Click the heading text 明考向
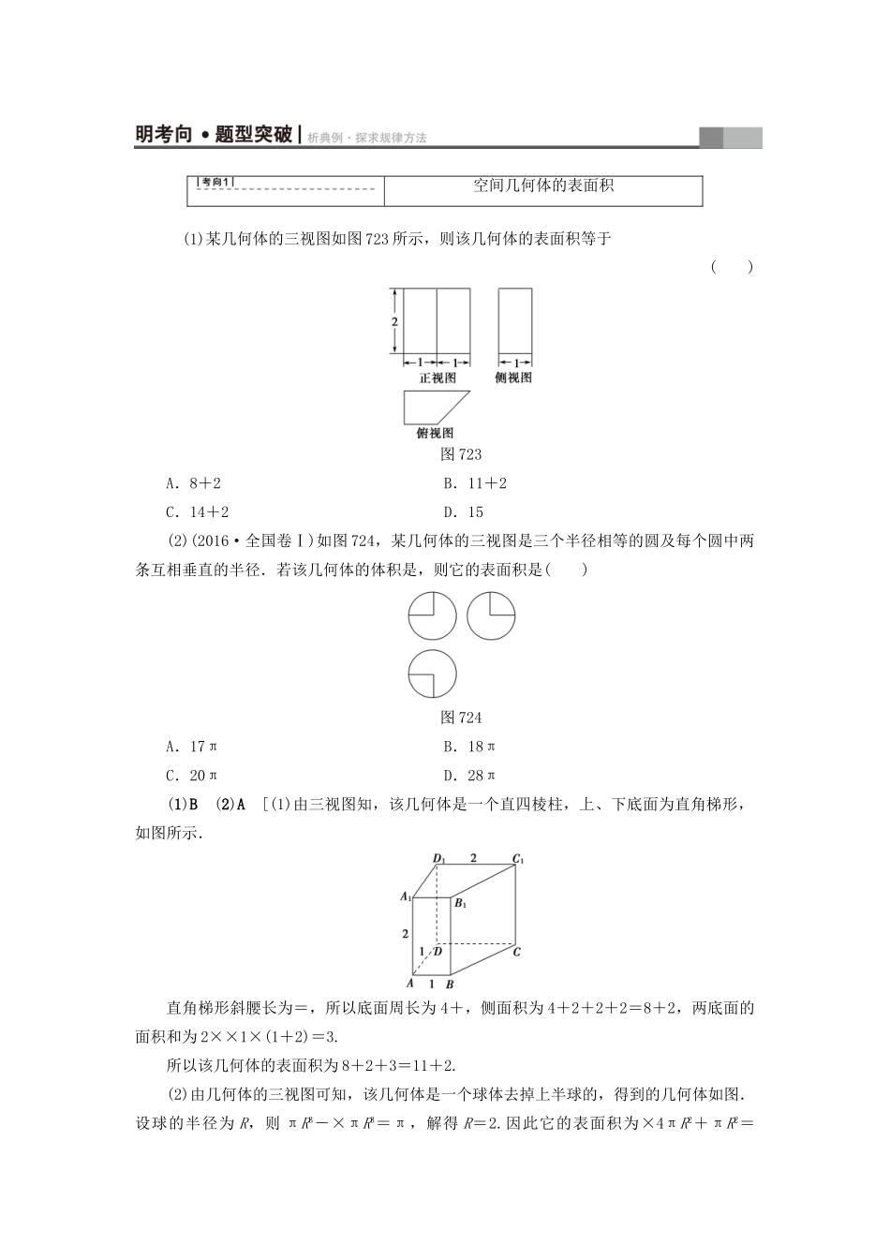163,135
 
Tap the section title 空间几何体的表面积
542,185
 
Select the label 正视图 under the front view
437,378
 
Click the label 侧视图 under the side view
513,378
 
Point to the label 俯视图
435,433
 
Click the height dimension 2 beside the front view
395,321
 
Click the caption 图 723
460,454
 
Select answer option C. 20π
191,775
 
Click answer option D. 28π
469,775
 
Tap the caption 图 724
460,718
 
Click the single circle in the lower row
433,674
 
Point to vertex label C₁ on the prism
517,858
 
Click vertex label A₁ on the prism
406,896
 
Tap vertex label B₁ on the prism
460,903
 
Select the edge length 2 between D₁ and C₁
473,857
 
